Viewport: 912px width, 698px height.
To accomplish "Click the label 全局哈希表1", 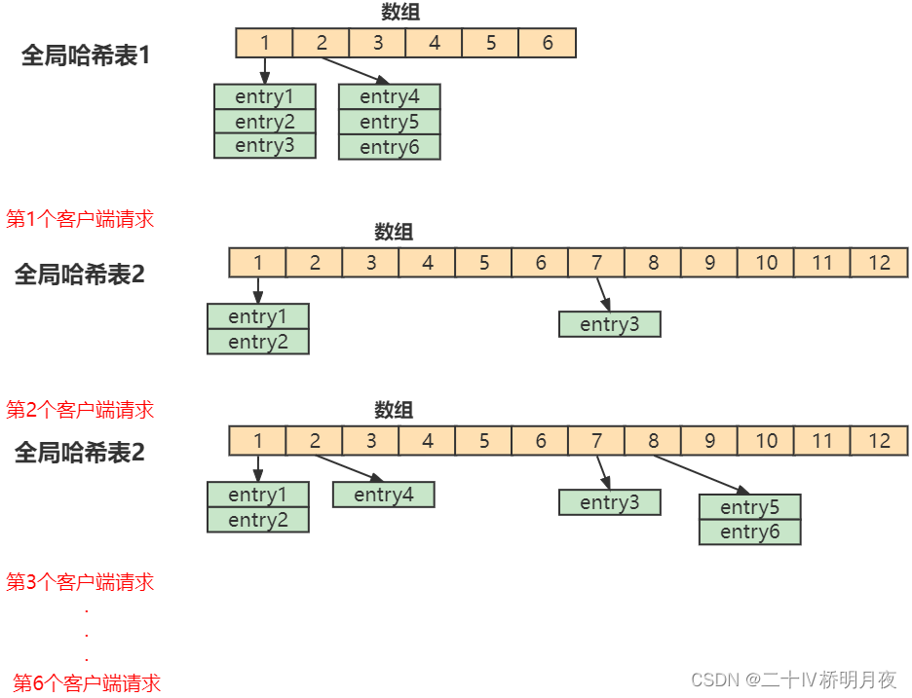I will coord(86,55).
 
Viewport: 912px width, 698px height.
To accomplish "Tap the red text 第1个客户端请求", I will coord(80,219).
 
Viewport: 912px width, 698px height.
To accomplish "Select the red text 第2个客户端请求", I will coord(80,410).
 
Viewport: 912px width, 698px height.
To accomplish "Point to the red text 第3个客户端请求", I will coord(80,583).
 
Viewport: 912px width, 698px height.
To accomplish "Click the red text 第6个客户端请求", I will coord(87,683).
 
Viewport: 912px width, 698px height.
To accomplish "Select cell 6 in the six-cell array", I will coord(547,43).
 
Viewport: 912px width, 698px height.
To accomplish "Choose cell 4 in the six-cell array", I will coord(434,43).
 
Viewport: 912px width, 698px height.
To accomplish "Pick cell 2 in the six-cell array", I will coord(321,43).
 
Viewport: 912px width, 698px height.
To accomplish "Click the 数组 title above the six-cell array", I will coord(400,12).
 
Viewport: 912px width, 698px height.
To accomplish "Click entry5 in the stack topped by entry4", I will coord(389,123).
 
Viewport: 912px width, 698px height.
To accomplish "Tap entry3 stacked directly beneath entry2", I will coord(264,146).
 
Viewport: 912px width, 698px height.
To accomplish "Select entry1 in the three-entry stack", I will coord(264,96).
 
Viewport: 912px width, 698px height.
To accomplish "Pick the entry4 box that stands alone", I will coord(383,496).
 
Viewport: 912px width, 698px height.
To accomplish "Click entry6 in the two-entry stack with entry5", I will coord(749,533).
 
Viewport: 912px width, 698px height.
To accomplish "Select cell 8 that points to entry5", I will coord(653,441).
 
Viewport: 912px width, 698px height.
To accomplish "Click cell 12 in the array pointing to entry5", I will coord(879,441).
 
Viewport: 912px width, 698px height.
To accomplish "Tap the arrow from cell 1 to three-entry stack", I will coord(264,70).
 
